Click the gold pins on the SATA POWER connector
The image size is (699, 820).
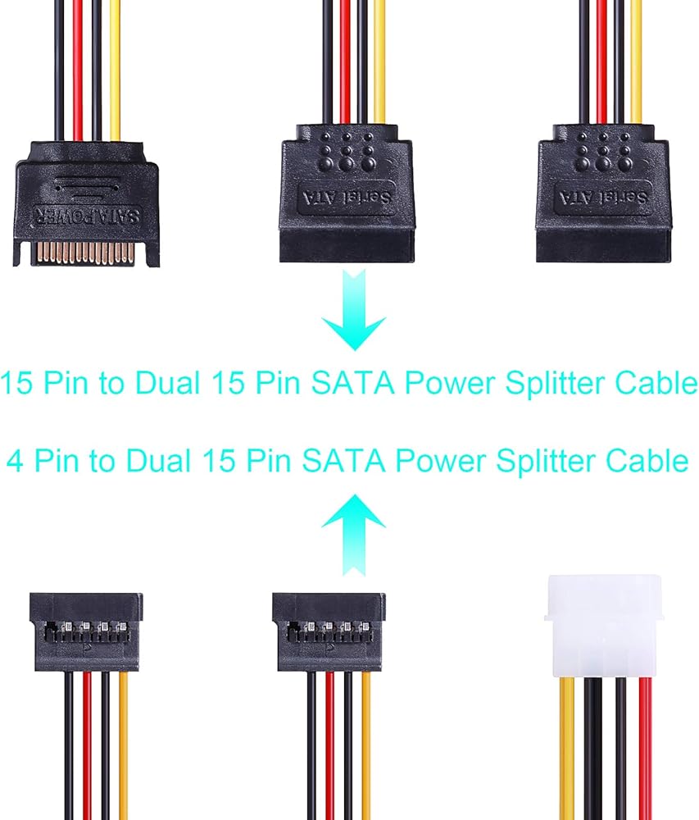[x=87, y=252]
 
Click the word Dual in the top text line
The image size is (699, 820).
[x=169, y=384]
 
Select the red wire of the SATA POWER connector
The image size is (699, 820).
[x=79, y=66]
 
